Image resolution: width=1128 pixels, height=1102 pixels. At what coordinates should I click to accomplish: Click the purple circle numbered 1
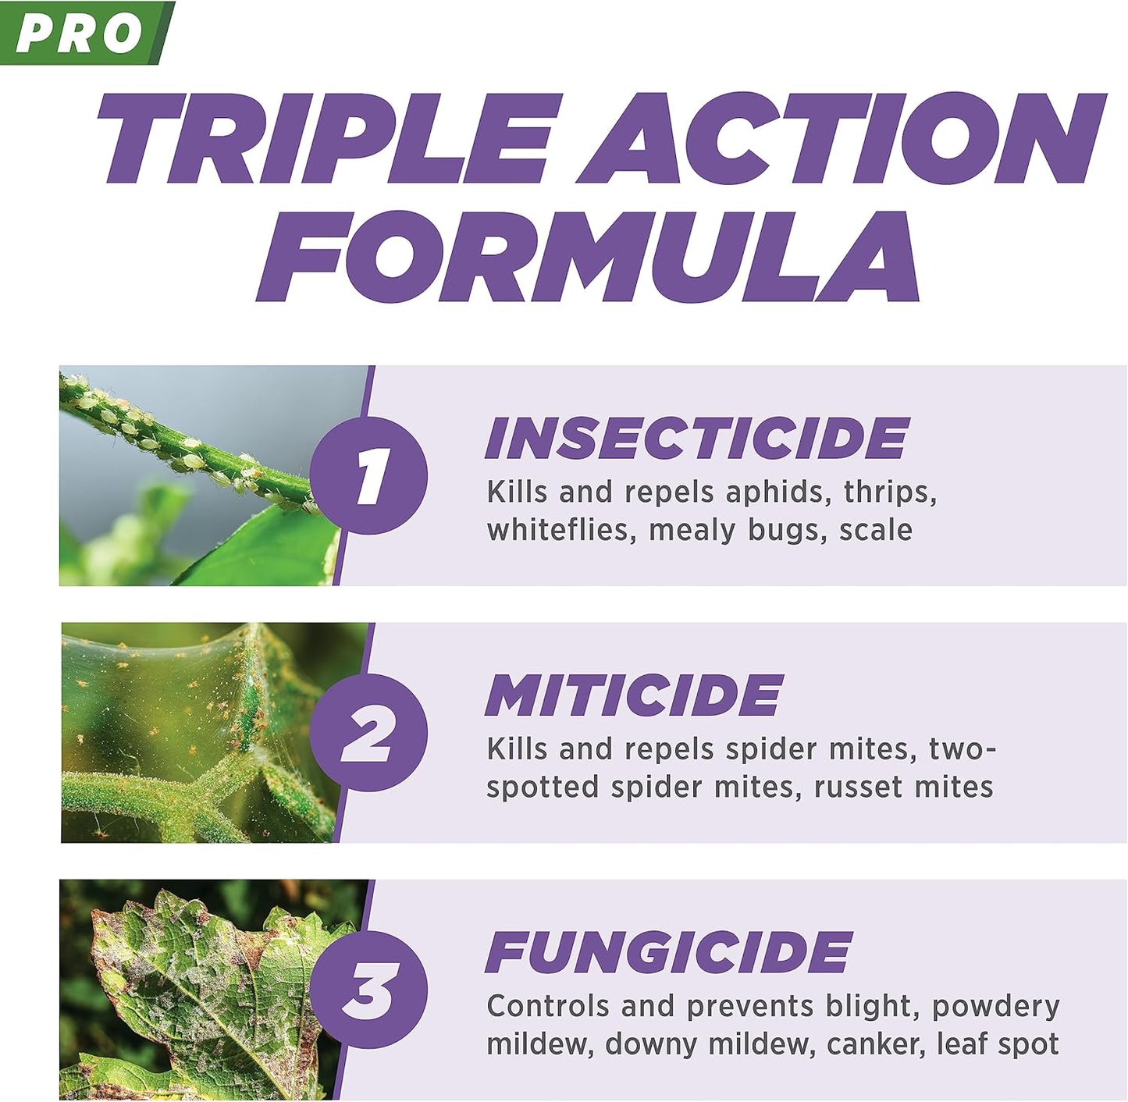click(x=368, y=475)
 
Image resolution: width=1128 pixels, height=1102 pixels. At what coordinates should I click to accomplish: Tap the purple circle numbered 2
click(x=368, y=732)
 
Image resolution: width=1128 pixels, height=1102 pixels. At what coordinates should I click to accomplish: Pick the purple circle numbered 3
click(x=368, y=989)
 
